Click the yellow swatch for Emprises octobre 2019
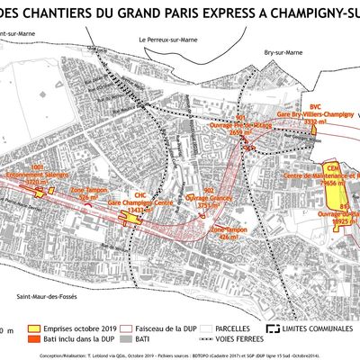tap(35, 329)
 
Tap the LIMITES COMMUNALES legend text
tap(310, 329)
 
